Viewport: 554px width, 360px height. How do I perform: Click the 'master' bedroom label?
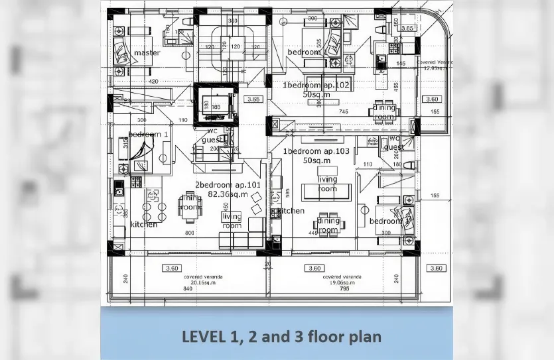point(147,52)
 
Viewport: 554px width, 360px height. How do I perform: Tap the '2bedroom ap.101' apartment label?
point(222,184)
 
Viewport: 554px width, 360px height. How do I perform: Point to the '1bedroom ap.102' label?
point(316,86)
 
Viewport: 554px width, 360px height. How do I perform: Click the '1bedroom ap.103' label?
point(316,151)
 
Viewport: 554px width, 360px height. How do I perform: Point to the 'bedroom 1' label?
point(149,134)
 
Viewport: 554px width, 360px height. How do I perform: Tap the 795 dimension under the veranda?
point(344,289)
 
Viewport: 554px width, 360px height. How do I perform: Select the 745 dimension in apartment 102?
point(344,112)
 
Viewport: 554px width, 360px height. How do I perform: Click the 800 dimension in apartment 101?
point(190,233)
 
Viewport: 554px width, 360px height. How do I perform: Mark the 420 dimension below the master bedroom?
point(153,82)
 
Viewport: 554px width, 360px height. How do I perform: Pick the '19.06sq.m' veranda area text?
point(342,282)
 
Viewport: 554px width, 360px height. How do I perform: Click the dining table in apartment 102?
point(383,110)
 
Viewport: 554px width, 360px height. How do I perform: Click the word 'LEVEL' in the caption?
point(205,337)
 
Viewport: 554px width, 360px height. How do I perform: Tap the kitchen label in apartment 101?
point(144,224)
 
